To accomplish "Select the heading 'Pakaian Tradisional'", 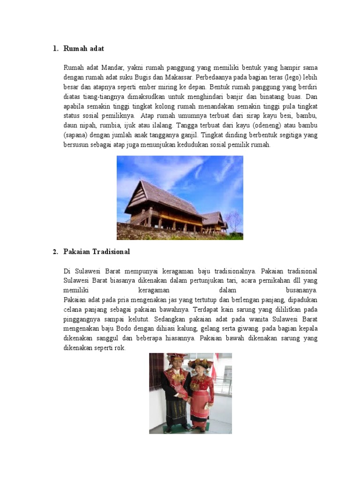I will point(97,252).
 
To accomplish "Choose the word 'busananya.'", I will point(301,290).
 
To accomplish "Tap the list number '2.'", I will point(55,252).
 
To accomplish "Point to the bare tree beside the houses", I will point(233,219).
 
